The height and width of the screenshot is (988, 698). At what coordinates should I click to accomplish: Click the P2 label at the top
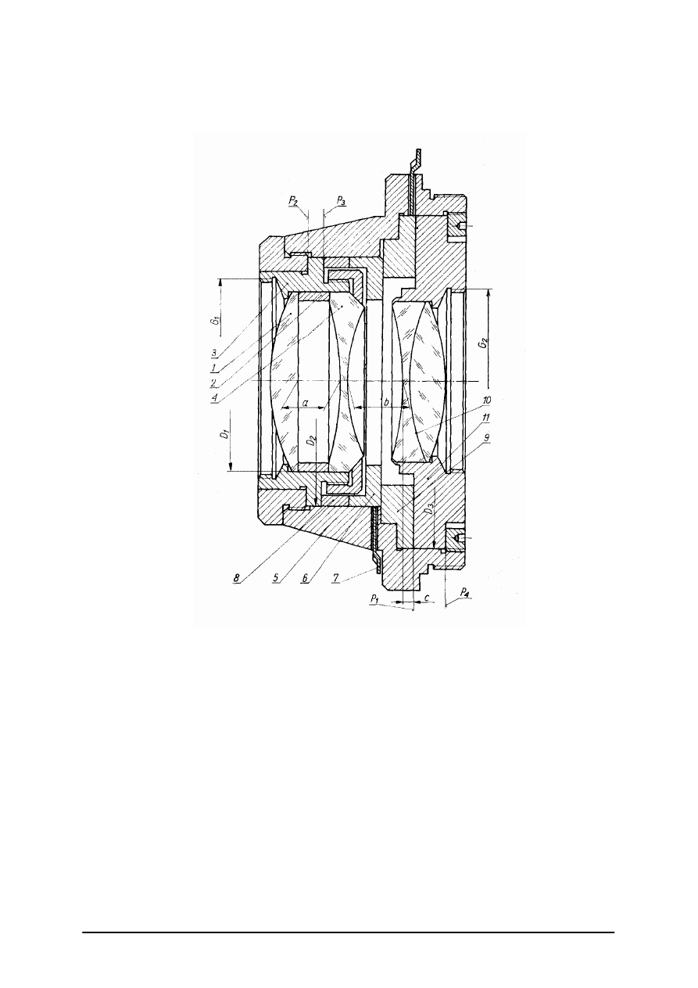(293, 201)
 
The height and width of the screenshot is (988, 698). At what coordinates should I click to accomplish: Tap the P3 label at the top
(341, 201)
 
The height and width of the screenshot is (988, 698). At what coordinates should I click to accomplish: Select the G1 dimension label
(215, 320)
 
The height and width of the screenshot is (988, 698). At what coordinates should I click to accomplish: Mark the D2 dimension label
(312, 440)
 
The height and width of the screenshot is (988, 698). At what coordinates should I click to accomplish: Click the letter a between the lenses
(305, 402)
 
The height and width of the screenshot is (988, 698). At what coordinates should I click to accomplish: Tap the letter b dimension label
(387, 402)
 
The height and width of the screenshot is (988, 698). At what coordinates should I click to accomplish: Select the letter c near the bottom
(427, 598)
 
